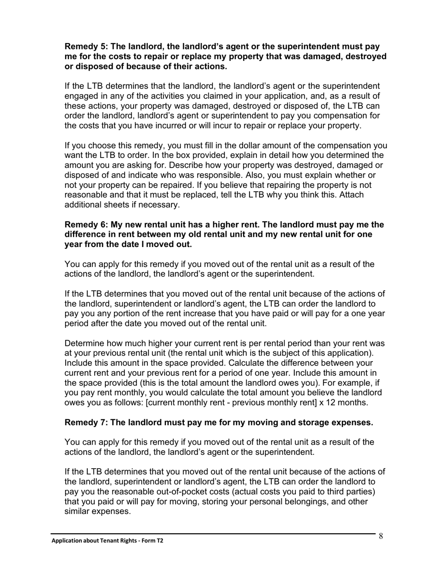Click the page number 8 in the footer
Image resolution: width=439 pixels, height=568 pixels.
(381, 536)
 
